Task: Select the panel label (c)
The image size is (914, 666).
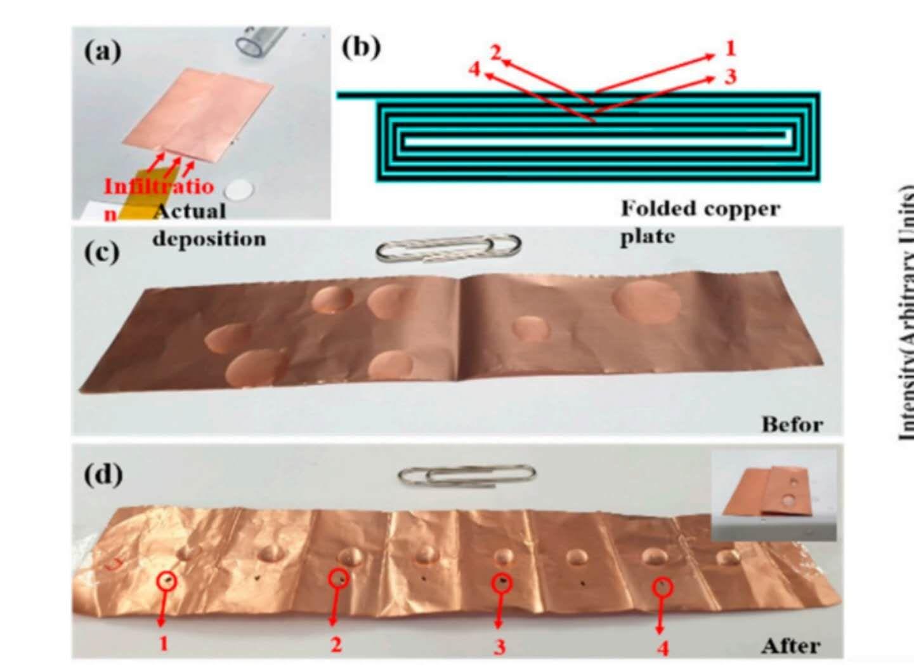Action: [101, 252]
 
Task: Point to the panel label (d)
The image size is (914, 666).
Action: [103, 474]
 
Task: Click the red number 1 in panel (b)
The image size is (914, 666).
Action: [730, 48]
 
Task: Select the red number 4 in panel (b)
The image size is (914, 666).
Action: [474, 69]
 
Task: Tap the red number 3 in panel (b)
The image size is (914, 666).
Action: [731, 77]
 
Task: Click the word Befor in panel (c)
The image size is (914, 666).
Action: [792, 423]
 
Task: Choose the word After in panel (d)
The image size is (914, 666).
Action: [791, 645]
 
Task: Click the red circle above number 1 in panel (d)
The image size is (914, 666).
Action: [166, 580]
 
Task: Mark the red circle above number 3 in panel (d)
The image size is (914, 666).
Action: [502, 582]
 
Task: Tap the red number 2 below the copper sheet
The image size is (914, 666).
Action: [336, 644]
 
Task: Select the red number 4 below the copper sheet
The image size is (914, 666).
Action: [662, 648]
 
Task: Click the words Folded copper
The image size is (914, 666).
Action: [700, 208]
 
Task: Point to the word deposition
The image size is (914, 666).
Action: [209, 239]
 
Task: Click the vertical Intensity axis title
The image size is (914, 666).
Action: [906, 311]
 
